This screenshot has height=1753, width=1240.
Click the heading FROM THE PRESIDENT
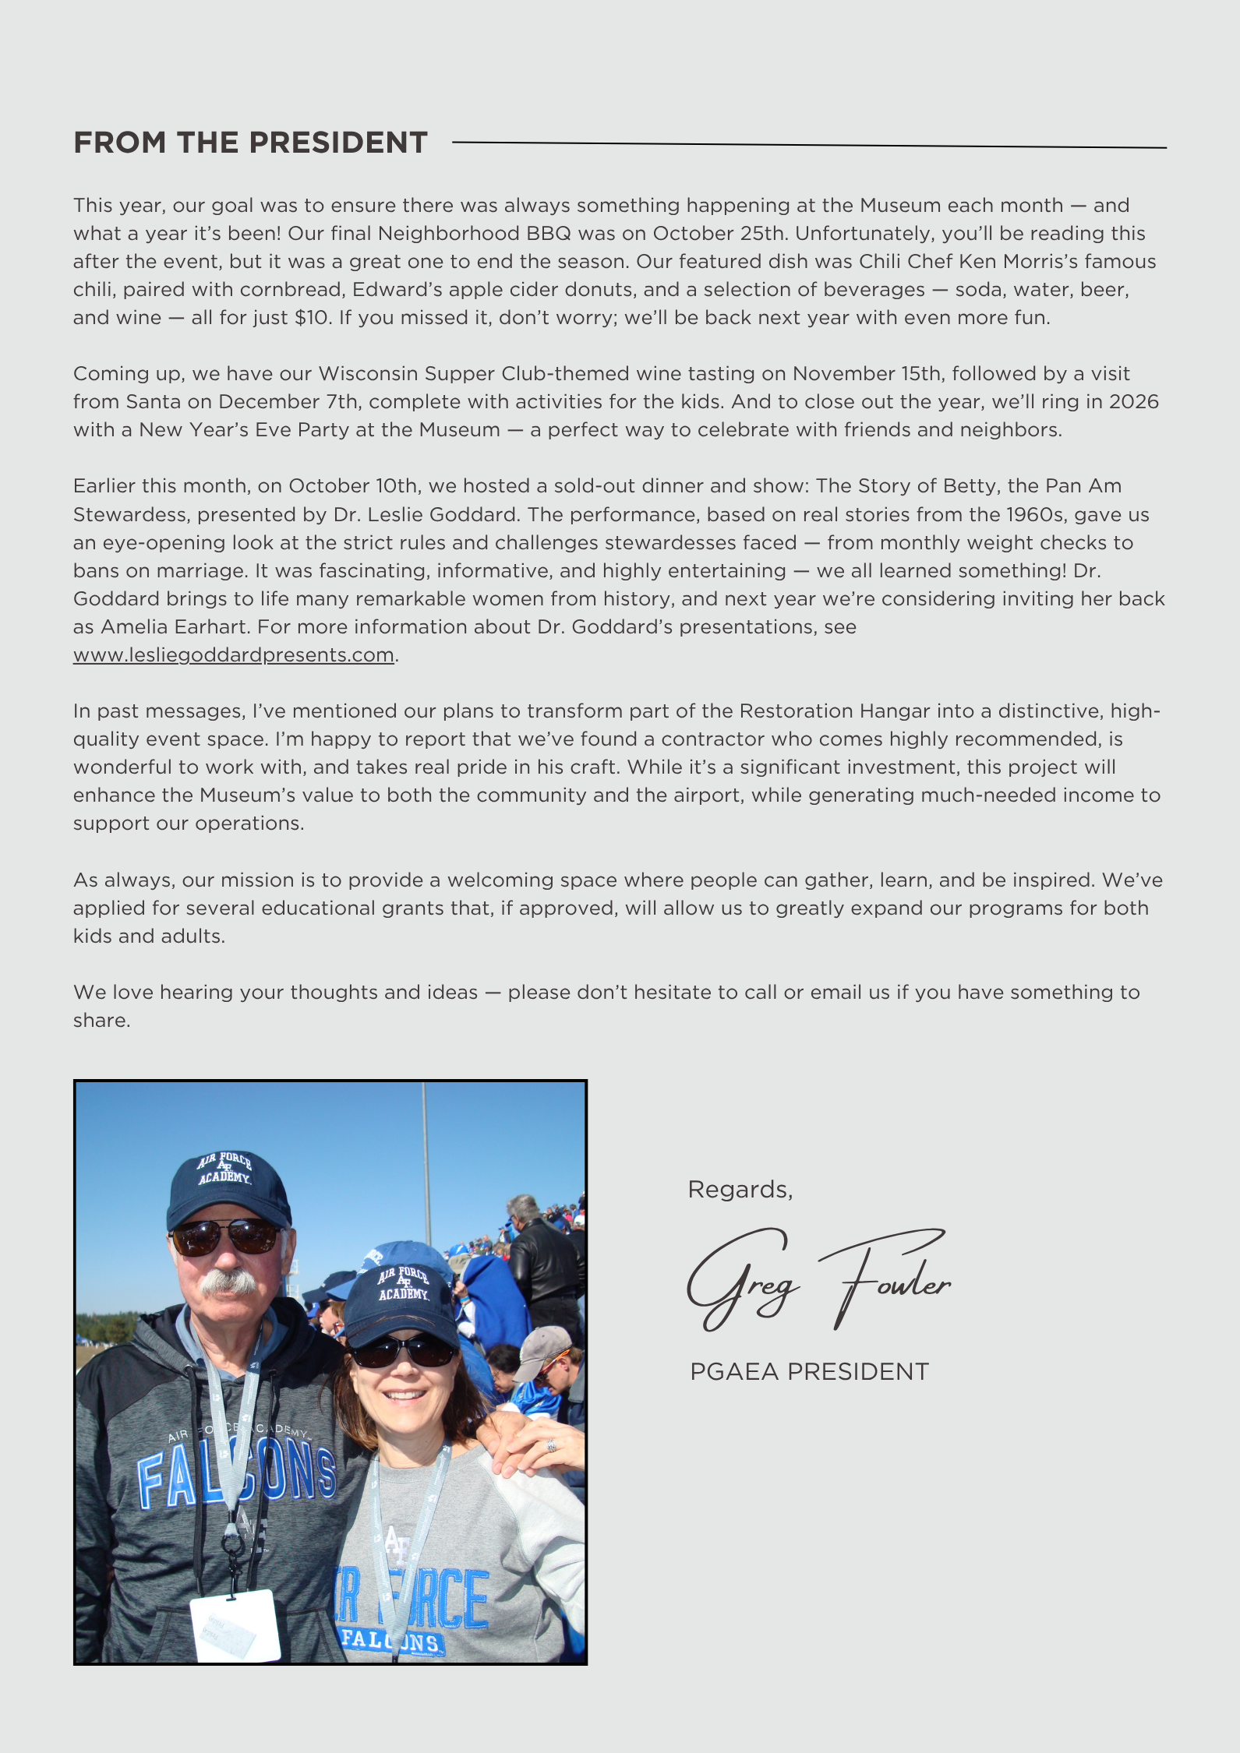(250, 143)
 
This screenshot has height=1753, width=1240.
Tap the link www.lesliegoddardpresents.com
(233, 655)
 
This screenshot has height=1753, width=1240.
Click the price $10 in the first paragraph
(312, 318)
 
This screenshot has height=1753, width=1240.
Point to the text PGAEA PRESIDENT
(809, 1372)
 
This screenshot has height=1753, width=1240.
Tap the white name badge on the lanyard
(235, 1624)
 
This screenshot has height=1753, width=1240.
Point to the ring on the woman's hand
(551, 1445)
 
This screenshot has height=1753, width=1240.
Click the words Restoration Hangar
(834, 711)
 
